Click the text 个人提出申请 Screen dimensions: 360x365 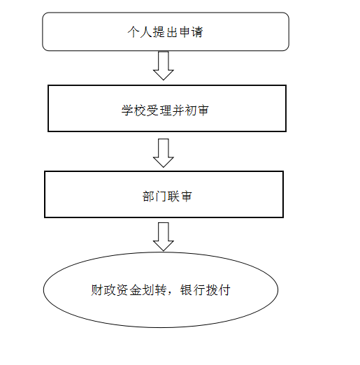click(165, 31)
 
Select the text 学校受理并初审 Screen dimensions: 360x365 click(165, 110)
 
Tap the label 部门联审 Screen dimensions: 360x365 click(167, 196)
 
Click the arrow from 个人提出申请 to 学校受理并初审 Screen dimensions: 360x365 click(164, 66)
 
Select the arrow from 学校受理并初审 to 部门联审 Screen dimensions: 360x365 click(164, 153)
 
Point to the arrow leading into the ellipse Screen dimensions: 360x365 click(164, 237)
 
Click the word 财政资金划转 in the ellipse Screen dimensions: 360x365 click(129, 290)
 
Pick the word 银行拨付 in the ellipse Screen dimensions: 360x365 click(206, 290)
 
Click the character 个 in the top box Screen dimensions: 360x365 click(134, 31)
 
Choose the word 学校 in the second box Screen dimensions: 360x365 click(134, 110)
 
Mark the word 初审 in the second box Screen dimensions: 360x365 click(196, 110)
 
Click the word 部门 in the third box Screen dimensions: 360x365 click(154, 196)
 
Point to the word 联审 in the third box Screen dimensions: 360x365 click(180, 196)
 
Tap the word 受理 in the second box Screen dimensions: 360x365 click(159, 110)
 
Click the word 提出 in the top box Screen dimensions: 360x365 click(165, 31)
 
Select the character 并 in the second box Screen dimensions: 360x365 click(178, 110)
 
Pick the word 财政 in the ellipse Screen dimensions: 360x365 click(103, 290)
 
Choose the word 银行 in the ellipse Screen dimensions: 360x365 click(193, 290)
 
